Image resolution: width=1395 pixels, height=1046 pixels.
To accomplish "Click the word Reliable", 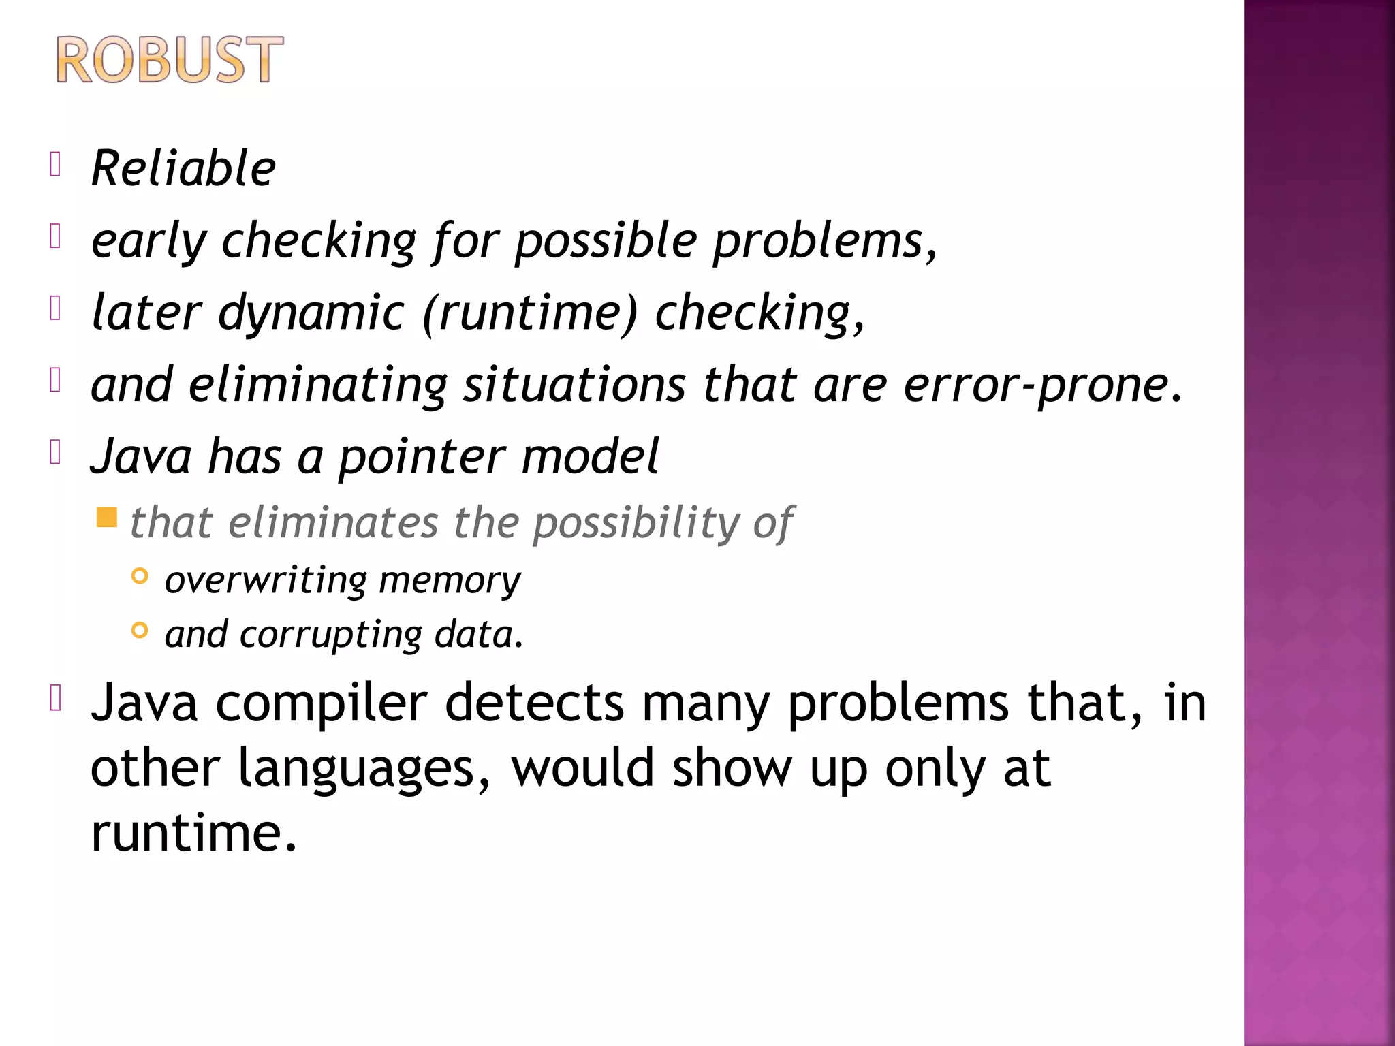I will click(183, 168).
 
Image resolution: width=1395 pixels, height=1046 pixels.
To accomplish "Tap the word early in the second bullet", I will click(148, 242).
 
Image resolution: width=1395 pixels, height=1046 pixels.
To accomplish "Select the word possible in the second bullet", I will click(606, 242).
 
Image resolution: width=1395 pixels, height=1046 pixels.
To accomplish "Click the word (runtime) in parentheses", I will click(531, 313).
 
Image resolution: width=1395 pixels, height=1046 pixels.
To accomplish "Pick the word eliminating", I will click(317, 385).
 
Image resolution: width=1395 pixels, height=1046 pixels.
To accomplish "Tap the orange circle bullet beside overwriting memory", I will click(140, 576).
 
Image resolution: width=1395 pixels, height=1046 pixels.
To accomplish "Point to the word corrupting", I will click(331, 635).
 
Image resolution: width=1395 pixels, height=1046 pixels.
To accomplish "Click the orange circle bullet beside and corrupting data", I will click(140, 631).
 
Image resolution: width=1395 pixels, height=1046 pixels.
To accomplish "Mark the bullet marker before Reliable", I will click(56, 164).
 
